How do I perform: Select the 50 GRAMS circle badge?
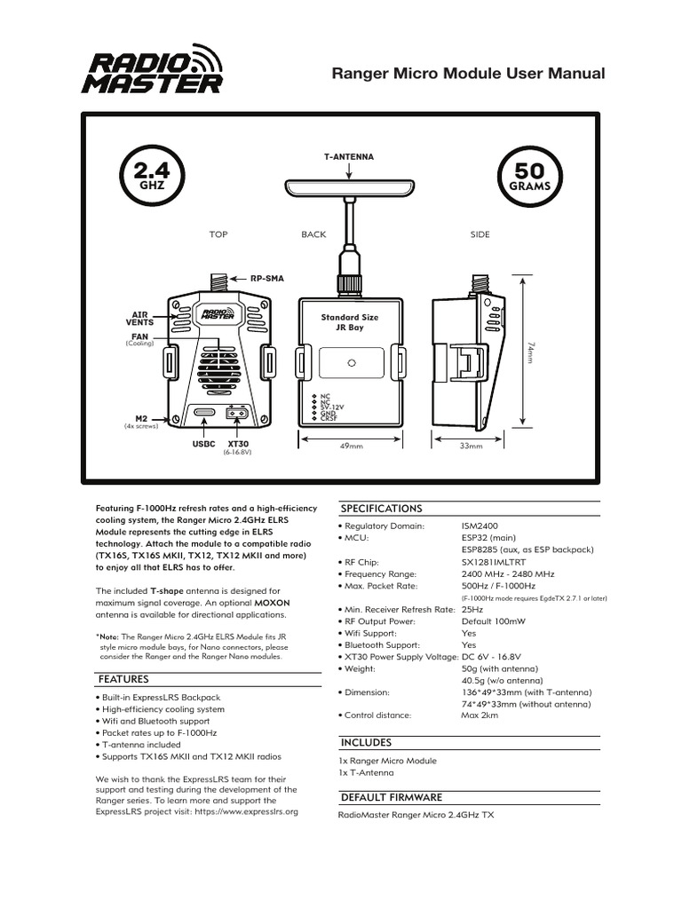[530, 176]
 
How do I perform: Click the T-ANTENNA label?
[349, 156]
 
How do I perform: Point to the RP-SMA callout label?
[266, 278]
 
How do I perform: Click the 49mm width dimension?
[352, 446]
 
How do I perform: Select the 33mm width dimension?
[470, 446]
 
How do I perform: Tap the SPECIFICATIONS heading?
[382, 509]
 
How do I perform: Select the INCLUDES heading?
[366, 742]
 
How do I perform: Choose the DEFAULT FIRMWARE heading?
[392, 797]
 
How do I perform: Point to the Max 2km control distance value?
[480, 715]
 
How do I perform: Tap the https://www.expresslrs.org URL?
[246, 811]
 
